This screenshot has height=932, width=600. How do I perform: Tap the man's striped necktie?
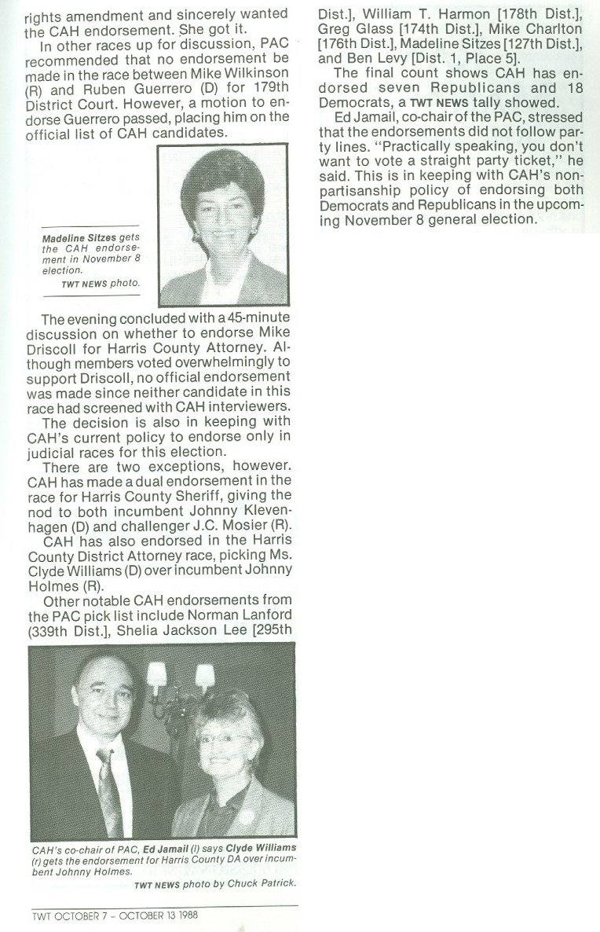coord(111,794)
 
